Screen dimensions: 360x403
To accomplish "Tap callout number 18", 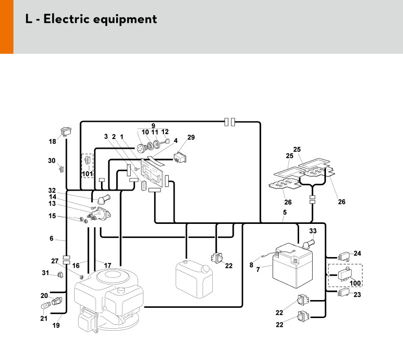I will [x=52, y=141].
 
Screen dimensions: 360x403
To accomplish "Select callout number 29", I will [x=191, y=138].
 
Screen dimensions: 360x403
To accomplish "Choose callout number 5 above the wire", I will [x=284, y=213].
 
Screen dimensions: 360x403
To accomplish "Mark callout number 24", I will [x=358, y=253].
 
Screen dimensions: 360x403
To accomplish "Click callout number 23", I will [x=358, y=295].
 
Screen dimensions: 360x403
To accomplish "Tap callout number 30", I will [x=52, y=160].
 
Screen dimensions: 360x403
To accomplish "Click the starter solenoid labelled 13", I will [x=100, y=214].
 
